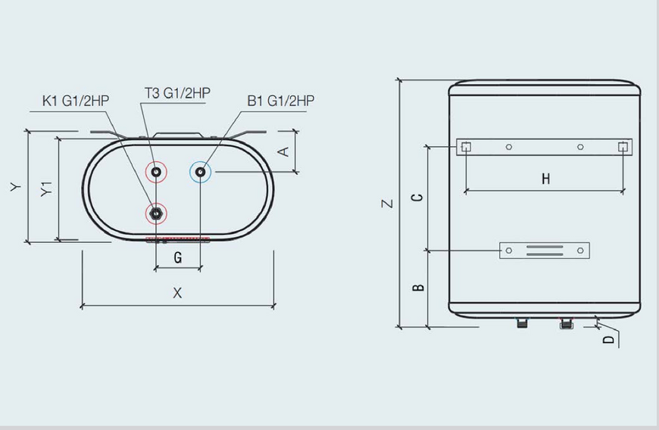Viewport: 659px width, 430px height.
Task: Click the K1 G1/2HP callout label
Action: tap(76, 101)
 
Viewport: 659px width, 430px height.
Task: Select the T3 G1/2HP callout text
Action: tap(177, 93)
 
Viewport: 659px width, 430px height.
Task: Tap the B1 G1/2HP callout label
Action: tap(281, 101)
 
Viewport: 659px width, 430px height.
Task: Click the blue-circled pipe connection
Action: tap(201, 172)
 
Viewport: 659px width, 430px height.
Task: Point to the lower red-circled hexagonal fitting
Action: tap(156, 213)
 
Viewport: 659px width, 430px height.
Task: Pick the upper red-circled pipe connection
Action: tap(156, 172)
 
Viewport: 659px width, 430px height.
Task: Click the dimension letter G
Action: tap(178, 257)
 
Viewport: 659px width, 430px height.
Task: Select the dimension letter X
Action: tap(177, 293)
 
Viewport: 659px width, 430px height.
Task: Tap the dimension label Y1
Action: tap(47, 189)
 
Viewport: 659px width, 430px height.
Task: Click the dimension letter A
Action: tap(284, 151)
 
